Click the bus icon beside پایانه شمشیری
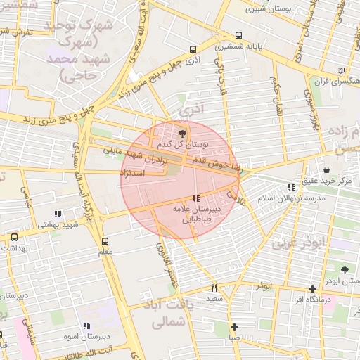click(x=239, y=35)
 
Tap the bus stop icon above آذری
click(x=193, y=49)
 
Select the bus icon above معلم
click(x=105, y=241)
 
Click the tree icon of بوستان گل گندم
click(x=184, y=133)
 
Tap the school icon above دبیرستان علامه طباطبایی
click(x=195, y=198)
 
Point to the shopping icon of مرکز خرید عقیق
click(x=327, y=169)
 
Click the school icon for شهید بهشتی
click(x=58, y=213)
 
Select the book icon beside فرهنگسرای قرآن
click(x=341, y=70)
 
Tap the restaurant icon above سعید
click(x=214, y=288)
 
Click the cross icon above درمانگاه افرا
click(x=312, y=289)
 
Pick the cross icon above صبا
click(x=234, y=326)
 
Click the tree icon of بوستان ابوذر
click(x=344, y=269)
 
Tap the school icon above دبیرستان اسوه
click(x=86, y=326)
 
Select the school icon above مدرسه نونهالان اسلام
click(x=292, y=187)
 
